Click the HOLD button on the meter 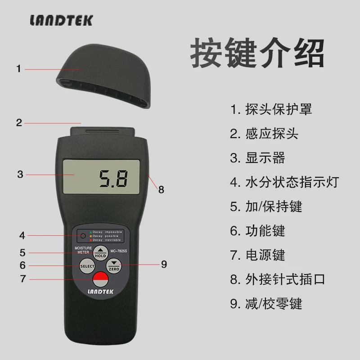click(100, 253)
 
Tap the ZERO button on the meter click(114, 266)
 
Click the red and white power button click(100, 279)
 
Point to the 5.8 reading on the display click(113, 179)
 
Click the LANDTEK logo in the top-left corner click(61, 20)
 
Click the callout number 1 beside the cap click(18, 69)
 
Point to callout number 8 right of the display click(161, 189)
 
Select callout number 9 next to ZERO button click(164, 264)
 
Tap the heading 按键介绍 click(257, 54)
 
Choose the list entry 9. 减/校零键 click(266, 303)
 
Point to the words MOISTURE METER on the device click(83, 250)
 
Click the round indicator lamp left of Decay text click(83, 236)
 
